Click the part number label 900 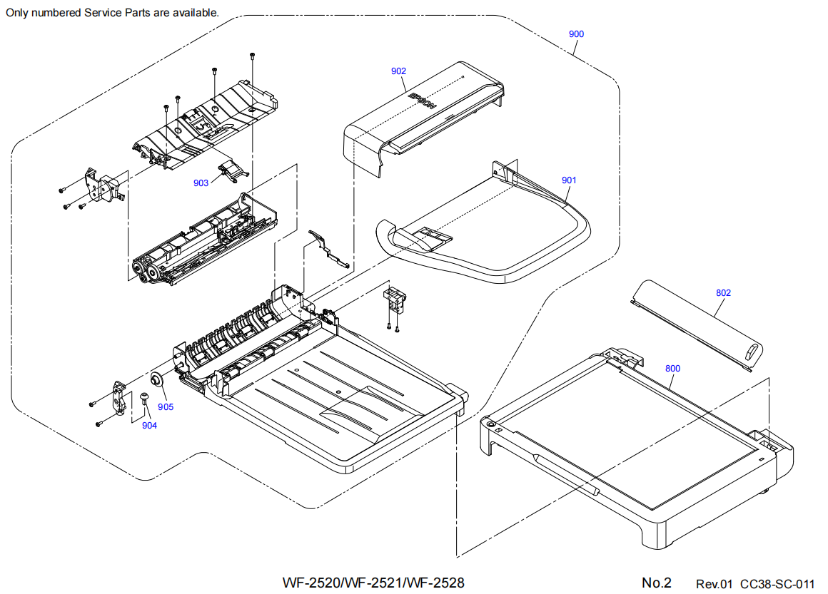point(576,34)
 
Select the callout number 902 point(398,71)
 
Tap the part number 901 point(568,180)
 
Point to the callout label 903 point(201,183)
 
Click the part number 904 point(149,426)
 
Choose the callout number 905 point(166,407)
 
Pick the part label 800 point(672,369)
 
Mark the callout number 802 point(723,293)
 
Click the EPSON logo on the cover point(422,98)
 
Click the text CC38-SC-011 point(777,584)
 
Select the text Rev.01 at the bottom point(715,584)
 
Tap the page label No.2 point(657,583)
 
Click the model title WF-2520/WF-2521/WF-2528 point(373,583)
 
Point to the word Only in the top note point(18,13)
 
